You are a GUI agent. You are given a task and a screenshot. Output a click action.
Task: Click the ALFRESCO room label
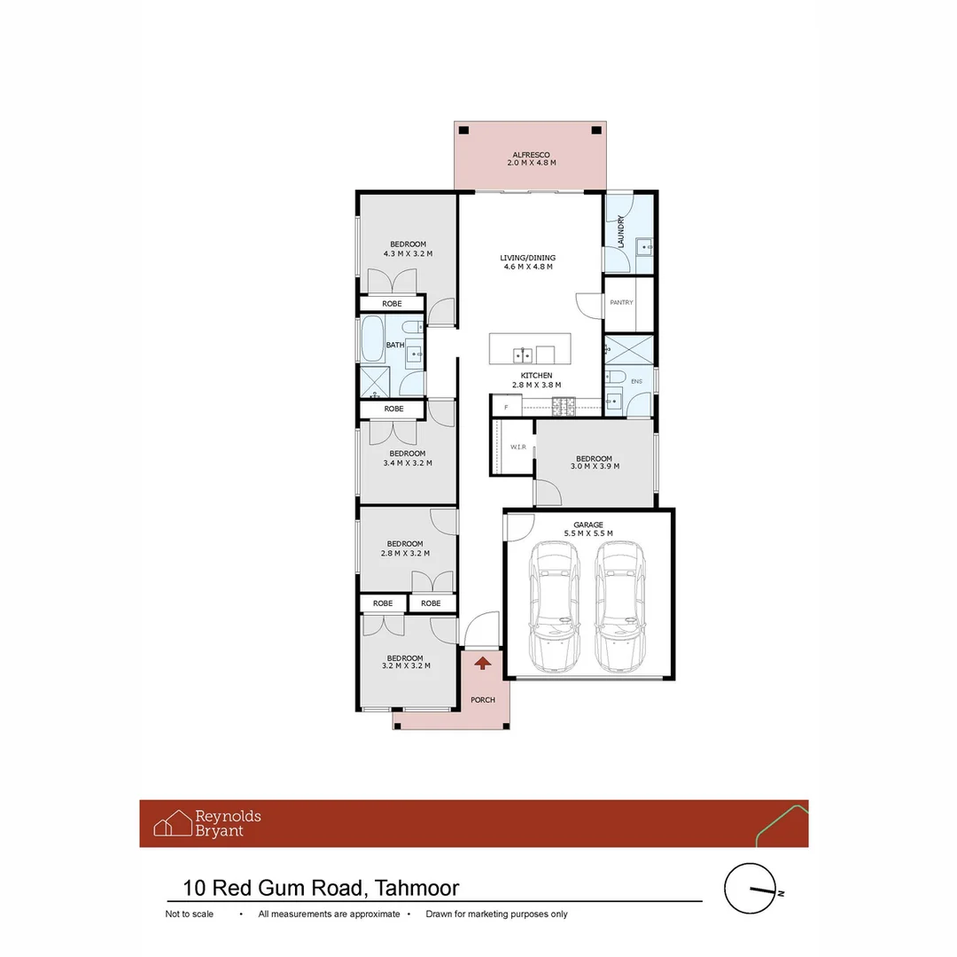pyautogui.click(x=531, y=155)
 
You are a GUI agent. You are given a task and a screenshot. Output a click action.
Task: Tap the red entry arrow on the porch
pyautogui.click(x=483, y=663)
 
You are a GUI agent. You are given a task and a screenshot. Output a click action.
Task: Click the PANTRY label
pyautogui.click(x=621, y=303)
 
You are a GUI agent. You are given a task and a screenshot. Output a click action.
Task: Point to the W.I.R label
pyautogui.click(x=518, y=447)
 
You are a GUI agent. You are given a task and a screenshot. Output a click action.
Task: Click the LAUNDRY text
pyautogui.click(x=620, y=231)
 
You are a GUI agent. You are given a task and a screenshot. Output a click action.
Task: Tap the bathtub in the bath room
pyautogui.click(x=372, y=339)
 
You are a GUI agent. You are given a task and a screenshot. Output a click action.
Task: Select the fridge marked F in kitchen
pyautogui.click(x=507, y=407)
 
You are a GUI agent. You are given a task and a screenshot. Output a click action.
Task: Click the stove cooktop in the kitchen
pyautogui.click(x=564, y=407)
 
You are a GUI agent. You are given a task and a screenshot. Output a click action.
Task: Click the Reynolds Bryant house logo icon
pyautogui.click(x=173, y=822)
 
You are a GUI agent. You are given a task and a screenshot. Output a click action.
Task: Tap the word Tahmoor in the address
pyautogui.click(x=416, y=888)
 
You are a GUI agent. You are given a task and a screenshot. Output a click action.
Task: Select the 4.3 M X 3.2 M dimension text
pyautogui.click(x=408, y=254)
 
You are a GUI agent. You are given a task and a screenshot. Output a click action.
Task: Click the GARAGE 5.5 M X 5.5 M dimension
pyautogui.click(x=588, y=533)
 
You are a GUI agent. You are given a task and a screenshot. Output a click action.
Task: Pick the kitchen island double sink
pyautogui.click(x=523, y=354)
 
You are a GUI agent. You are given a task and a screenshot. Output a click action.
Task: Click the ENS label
pyautogui.click(x=636, y=381)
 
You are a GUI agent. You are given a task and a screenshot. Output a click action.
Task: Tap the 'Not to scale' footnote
pyautogui.click(x=190, y=914)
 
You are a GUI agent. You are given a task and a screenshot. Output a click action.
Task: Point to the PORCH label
pyautogui.click(x=483, y=700)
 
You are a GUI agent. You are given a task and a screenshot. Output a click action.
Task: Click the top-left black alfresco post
pyautogui.click(x=463, y=130)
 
